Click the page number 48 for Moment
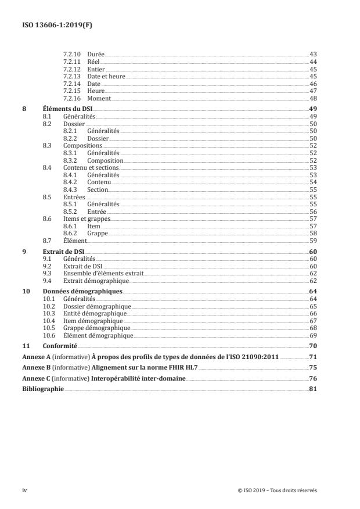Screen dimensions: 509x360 point(312,99)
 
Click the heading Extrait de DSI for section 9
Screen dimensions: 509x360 point(63,251)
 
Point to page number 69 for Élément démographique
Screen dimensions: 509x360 point(312,335)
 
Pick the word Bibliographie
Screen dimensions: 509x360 point(42,389)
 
